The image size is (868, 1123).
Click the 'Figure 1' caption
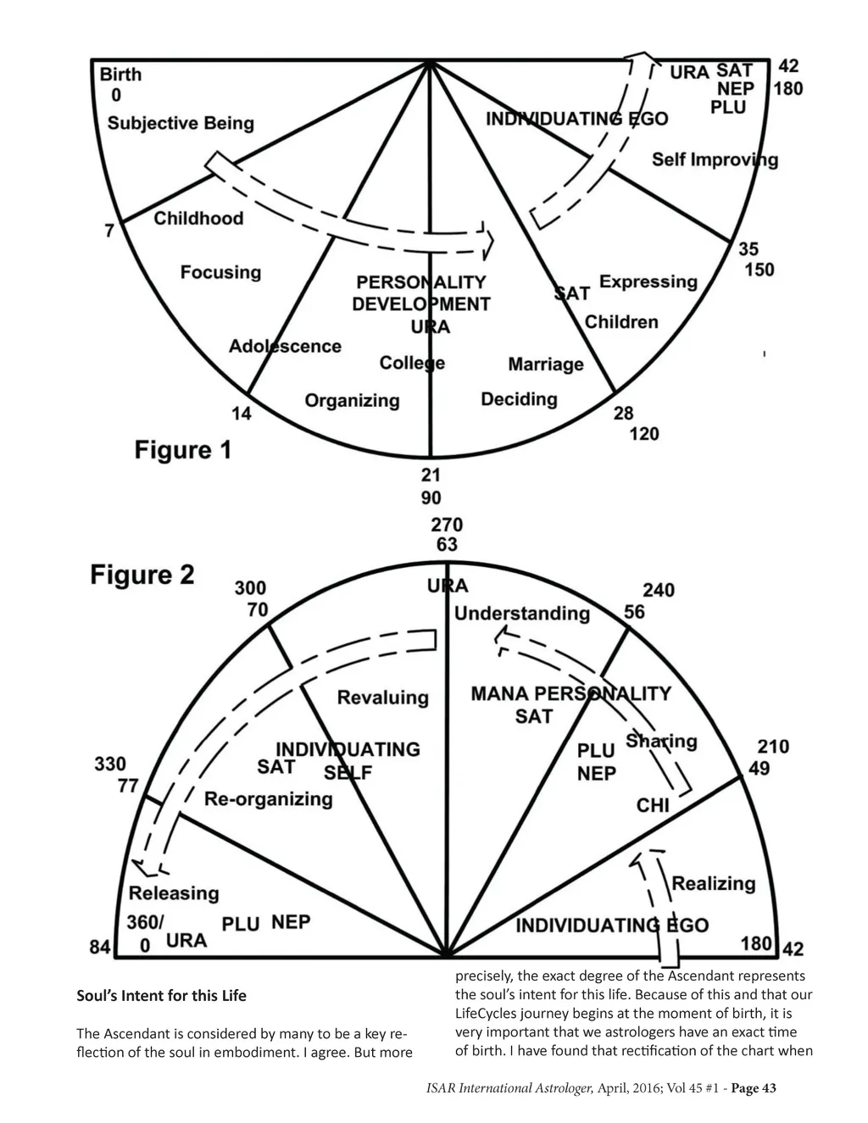point(182,450)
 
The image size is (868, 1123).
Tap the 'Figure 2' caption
point(142,575)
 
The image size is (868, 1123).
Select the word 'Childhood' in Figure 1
point(198,219)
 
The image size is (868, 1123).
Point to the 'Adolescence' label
point(285,346)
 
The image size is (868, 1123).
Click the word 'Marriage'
point(546,364)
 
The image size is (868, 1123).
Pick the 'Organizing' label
point(352,400)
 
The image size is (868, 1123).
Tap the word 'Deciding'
point(519,399)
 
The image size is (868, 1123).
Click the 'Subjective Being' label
point(181,124)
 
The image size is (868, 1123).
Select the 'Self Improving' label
point(715,159)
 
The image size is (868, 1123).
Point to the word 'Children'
point(621,322)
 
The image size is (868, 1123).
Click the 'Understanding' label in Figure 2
point(522,614)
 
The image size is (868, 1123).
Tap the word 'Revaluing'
point(383,698)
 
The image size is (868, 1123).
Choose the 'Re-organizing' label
point(269,799)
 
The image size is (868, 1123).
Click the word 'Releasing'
point(174,893)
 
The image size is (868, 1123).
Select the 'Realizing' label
point(713,883)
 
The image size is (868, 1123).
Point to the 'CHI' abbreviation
point(653,804)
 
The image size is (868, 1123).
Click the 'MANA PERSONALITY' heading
point(570,694)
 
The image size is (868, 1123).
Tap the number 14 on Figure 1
point(242,414)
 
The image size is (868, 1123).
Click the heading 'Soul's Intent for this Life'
point(162,995)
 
